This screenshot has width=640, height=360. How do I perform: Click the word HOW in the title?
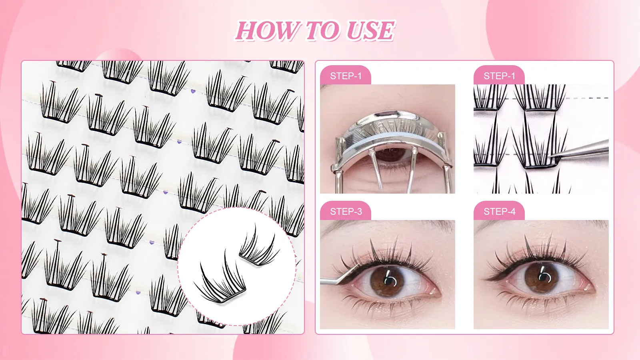pyautogui.click(x=267, y=31)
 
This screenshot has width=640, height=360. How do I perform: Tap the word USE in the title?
pyautogui.click(x=370, y=31)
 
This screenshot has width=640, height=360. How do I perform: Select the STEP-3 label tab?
pyautogui.click(x=346, y=212)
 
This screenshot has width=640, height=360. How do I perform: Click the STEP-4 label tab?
pyautogui.click(x=499, y=212)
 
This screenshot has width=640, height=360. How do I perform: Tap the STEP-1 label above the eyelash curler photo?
pyautogui.click(x=346, y=76)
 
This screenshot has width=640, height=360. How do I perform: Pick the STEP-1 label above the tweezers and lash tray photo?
pyautogui.click(x=499, y=76)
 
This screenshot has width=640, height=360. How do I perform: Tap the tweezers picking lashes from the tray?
pyautogui.click(x=584, y=150)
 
